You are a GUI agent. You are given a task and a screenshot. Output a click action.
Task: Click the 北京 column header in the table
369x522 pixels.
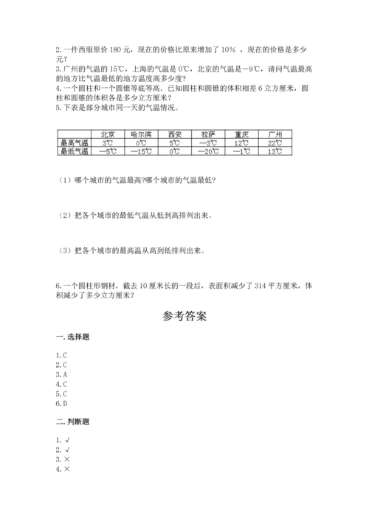click(106, 134)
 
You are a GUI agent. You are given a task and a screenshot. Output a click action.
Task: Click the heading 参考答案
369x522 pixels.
click(184, 316)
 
